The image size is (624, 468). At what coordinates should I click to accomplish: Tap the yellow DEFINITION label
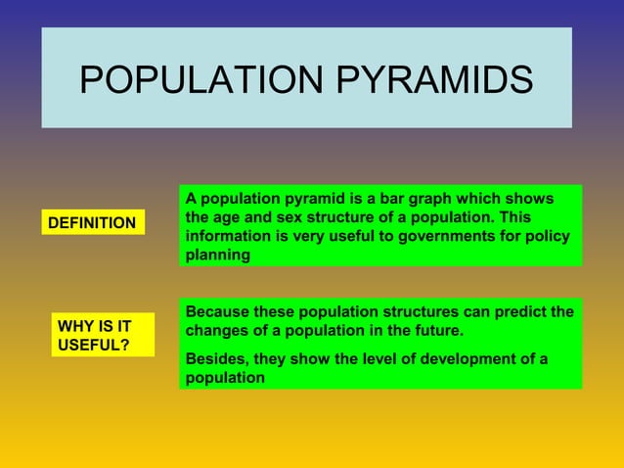(x=92, y=223)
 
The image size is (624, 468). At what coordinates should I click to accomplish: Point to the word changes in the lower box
(x=217, y=331)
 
